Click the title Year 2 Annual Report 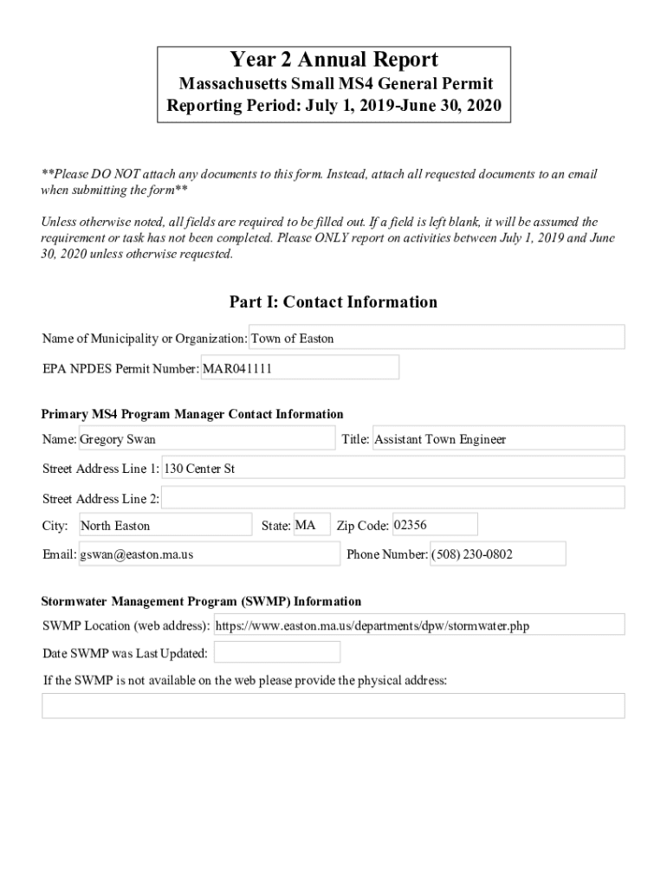click(x=333, y=60)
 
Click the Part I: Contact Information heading click(x=333, y=302)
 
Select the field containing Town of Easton click(x=437, y=338)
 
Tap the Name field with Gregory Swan click(x=206, y=439)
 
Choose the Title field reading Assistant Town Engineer click(x=497, y=439)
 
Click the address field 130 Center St click(x=392, y=469)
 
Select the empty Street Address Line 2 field click(x=392, y=498)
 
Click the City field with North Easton click(x=165, y=526)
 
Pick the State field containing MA click(x=311, y=526)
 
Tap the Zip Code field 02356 click(x=434, y=525)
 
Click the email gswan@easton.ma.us click(x=209, y=554)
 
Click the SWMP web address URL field click(x=418, y=625)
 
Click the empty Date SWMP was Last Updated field click(x=276, y=652)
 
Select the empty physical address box click(x=333, y=706)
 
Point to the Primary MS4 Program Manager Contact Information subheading click(x=192, y=414)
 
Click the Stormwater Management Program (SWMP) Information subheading click(x=201, y=601)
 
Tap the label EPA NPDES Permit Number click(x=120, y=369)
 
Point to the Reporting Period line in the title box click(x=333, y=108)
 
